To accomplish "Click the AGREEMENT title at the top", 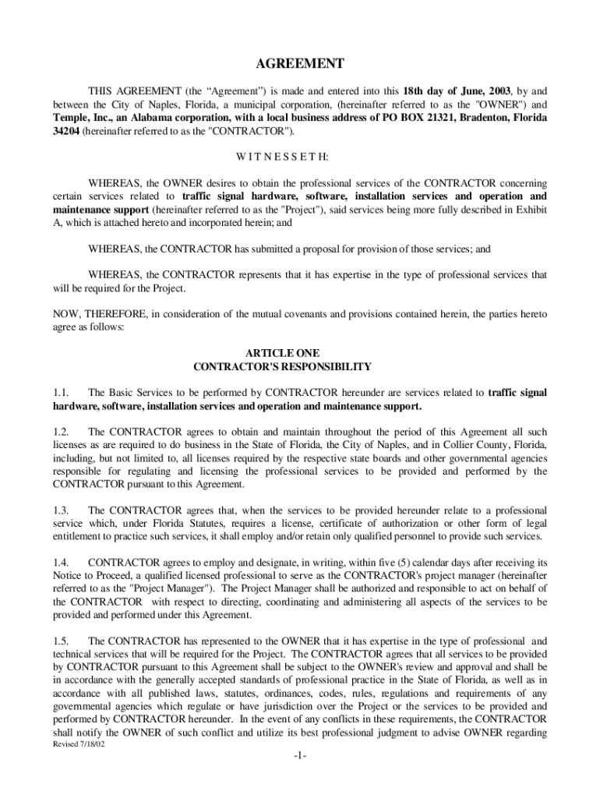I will [x=300, y=64].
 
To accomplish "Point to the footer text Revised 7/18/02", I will [x=78, y=745].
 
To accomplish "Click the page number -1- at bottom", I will [x=300, y=757].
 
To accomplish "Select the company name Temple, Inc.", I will [x=79, y=118].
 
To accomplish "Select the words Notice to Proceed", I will [x=92, y=575].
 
